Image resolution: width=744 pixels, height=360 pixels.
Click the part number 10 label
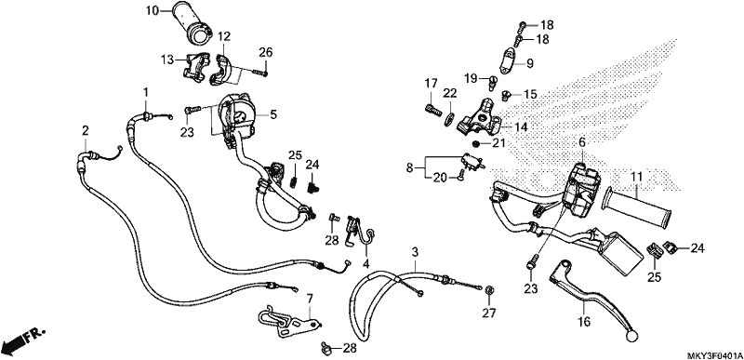(153, 10)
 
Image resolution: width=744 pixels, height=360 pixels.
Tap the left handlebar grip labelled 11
(636, 207)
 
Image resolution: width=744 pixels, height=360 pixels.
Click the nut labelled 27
(489, 290)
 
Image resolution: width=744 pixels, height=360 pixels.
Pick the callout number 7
(310, 299)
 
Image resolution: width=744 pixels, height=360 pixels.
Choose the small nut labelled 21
(475, 143)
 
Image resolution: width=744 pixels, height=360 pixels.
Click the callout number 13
(167, 60)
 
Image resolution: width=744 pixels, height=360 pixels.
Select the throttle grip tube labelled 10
(194, 21)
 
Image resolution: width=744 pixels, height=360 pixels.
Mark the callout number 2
(85, 130)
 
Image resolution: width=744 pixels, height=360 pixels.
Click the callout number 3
(415, 251)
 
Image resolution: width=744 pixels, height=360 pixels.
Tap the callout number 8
(410, 167)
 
